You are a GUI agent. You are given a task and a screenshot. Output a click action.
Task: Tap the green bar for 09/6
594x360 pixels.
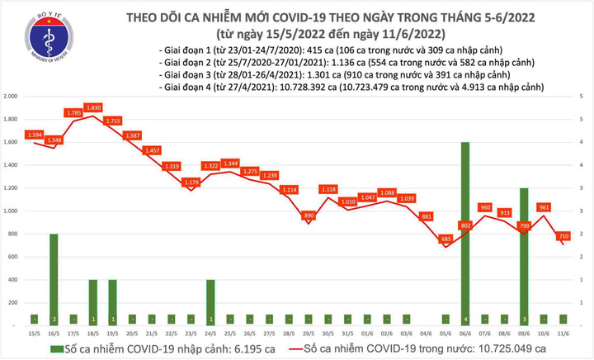click(524, 256)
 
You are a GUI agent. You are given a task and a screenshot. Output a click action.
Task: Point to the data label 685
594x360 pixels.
click(446, 239)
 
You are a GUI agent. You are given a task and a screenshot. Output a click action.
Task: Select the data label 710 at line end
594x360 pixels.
click(562, 236)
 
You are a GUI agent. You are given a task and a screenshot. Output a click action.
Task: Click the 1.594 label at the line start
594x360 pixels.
click(35, 135)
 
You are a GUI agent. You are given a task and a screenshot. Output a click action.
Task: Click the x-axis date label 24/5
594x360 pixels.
click(211, 333)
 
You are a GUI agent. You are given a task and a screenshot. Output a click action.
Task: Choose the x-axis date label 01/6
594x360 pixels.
click(368, 333)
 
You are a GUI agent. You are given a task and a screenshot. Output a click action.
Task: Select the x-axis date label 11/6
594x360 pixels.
click(563, 333)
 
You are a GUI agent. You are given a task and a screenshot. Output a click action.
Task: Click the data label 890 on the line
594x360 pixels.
click(309, 216)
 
